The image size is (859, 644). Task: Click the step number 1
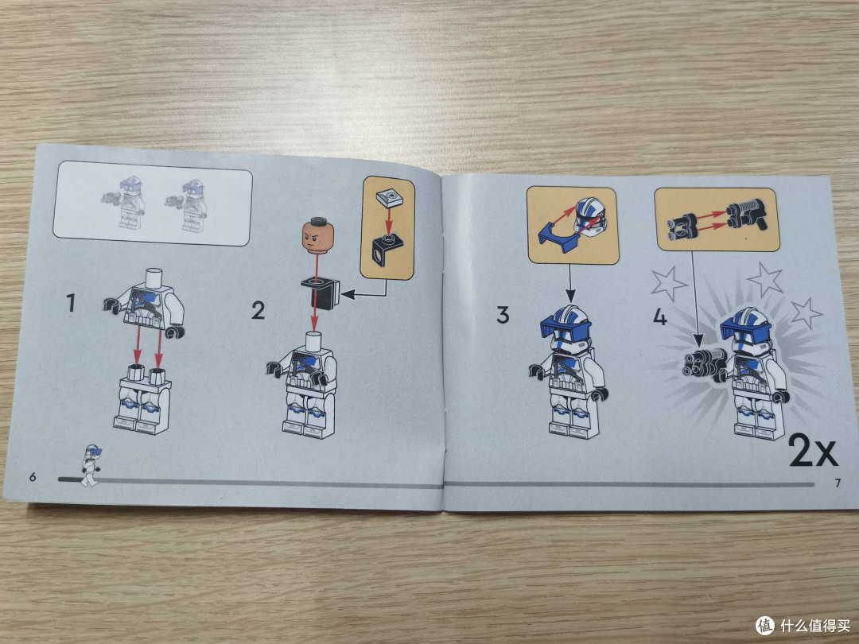[x=71, y=303]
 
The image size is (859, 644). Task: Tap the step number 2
[x=258, y=310]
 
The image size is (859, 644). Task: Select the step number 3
[x=503, y=315]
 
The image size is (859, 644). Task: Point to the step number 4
[x=660, y=317]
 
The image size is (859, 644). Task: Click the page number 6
[x=33, y=477]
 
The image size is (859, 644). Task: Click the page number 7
[x=837, y=483]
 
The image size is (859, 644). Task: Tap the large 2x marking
[x=813, y=450]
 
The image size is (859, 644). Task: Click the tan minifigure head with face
[x=317, y=236]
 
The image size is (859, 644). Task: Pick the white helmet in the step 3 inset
[x=590, y=217]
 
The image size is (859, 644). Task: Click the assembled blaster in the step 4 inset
[x=747, y=215]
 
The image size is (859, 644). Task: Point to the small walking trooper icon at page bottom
[x=91, y=465]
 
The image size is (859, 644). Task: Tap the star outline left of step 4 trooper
[x=668, y=284]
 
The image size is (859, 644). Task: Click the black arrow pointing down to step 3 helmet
[x=570, y=283]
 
